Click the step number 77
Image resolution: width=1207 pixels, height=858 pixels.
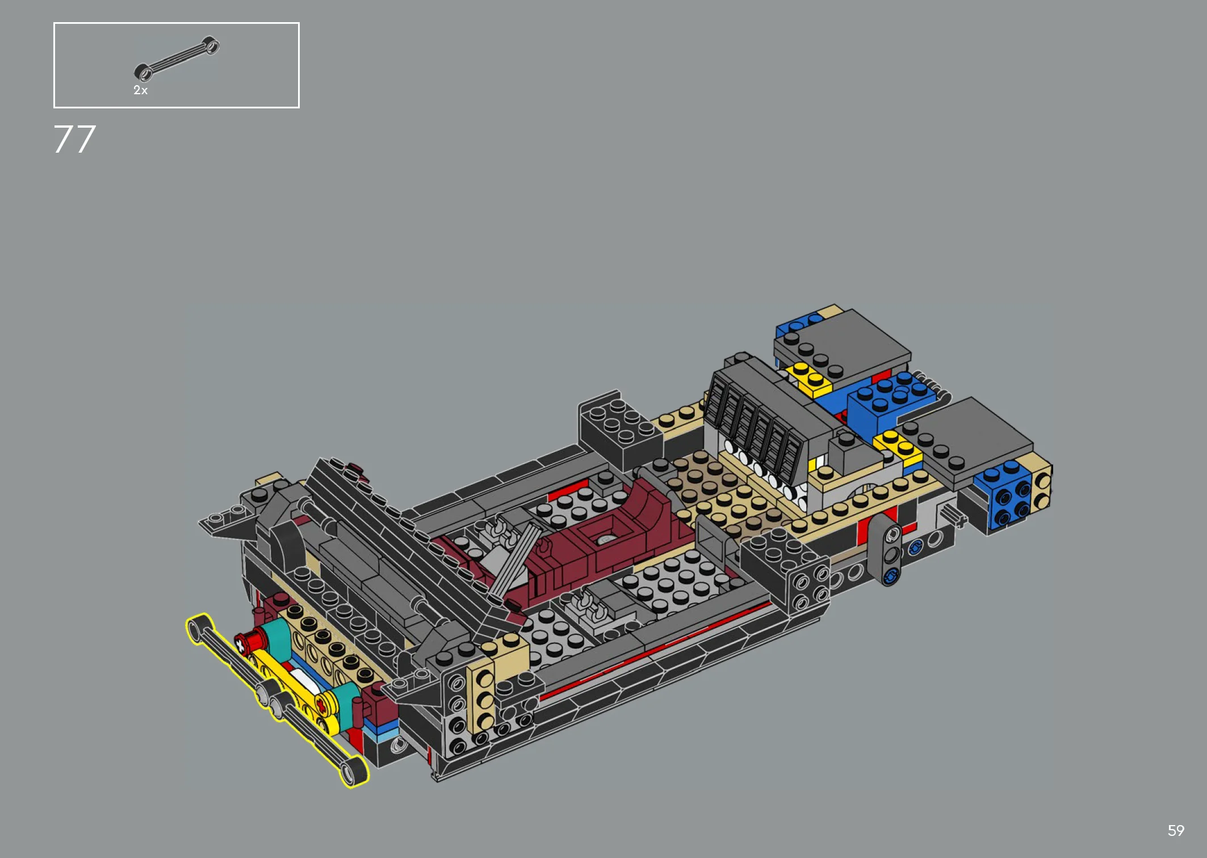point(75,139)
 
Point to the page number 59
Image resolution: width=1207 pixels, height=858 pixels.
point(1176,831)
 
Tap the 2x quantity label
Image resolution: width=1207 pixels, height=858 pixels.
point(140,90)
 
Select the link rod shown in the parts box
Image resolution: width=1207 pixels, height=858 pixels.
point(177,58)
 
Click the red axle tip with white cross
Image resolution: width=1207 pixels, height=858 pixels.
point(241,643)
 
